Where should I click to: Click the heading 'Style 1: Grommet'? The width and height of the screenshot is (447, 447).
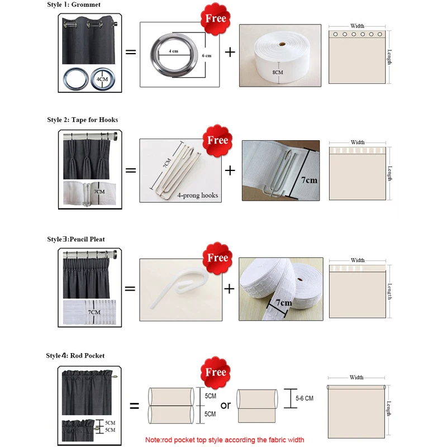pos(74,4)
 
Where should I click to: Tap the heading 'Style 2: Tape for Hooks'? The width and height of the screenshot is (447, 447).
pos(82,120)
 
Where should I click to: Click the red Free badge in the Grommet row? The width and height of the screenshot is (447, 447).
pos(216,18)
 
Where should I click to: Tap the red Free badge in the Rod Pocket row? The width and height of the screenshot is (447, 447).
pos(216,372)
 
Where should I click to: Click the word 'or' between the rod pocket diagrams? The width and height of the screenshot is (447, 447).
pos(225,405)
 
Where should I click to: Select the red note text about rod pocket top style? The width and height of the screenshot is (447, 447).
pos(224,440)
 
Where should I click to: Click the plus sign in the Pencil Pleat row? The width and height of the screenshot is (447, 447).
pos(229,289)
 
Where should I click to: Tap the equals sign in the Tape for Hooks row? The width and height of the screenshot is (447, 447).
pos(130,170)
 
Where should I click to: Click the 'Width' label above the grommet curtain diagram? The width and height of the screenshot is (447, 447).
pos(358,26)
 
